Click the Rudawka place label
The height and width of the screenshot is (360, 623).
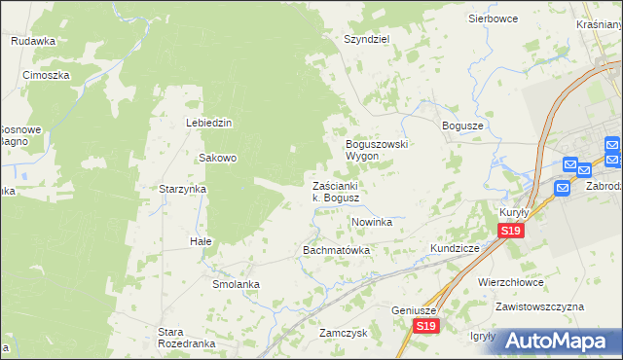tap(33, 41)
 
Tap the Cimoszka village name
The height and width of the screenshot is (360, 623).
tap(46, 75)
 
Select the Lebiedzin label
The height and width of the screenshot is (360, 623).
tap(208, 123)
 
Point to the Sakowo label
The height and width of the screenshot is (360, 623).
tap(218, 158)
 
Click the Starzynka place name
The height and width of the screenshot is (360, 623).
tap(184, 189)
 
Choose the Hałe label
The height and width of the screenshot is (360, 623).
tap(201, 240)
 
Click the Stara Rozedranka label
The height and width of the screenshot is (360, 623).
tap(185, 337)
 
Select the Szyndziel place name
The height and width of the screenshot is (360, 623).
tap(366, 40)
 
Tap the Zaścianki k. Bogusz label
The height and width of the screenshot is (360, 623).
tap(337, 192)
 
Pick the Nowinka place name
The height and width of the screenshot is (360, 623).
tap(371, 223)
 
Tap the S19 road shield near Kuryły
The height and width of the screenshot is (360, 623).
tap(511, 231)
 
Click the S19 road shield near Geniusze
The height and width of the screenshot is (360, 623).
tap(423, 327)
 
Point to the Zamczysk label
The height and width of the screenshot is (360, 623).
tap(342, 332)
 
